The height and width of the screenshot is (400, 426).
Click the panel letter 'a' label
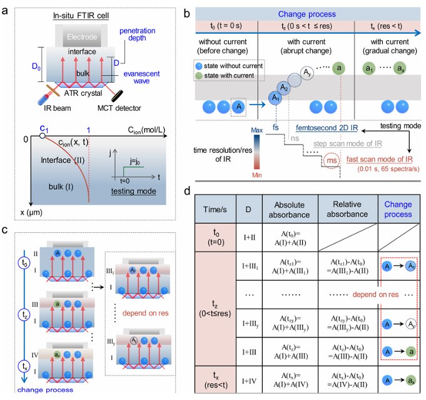(6, 8)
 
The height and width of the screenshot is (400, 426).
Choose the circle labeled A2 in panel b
(285, 88)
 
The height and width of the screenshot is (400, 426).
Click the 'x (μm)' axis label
(33, 212)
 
